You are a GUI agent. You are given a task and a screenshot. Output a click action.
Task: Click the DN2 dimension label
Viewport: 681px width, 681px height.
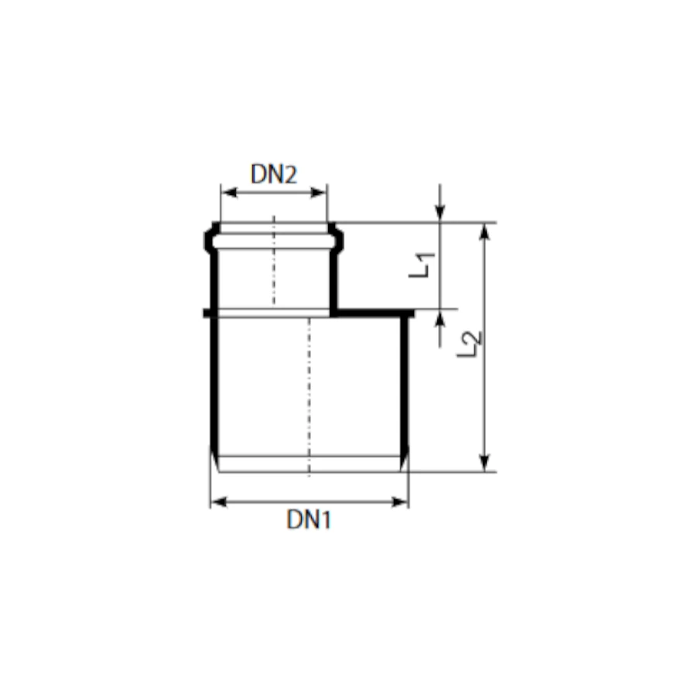pyautogui.click(x=274, y=174)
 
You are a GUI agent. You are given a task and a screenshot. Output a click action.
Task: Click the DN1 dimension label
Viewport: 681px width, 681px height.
pyautogui.click(x=309, y=519)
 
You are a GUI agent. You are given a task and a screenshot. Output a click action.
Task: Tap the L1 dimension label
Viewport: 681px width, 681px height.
pyautogui.click(x=422, y=265)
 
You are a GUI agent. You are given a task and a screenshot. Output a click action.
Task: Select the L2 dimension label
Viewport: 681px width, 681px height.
pyautogui.click(x=470, y=344)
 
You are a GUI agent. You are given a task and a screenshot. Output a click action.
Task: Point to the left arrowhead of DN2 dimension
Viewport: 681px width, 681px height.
pyautogui.click(x=229, y=193)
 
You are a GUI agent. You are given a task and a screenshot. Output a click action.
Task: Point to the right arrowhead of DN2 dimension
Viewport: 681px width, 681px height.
pyautogui.click(x=319, y=193)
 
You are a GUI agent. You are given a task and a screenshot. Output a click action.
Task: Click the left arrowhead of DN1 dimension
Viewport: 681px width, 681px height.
pyautogui.click(x=218, y=502)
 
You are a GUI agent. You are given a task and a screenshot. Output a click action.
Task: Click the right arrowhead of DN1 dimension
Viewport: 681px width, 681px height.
pyautogui.click(x=400, y=502)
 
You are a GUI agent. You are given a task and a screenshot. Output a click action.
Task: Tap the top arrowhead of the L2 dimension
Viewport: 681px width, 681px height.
pyautogui.click(x=484, y=231)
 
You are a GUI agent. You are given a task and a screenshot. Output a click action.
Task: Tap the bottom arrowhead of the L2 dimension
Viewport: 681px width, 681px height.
pyautogui.click(x=484, y=463)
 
